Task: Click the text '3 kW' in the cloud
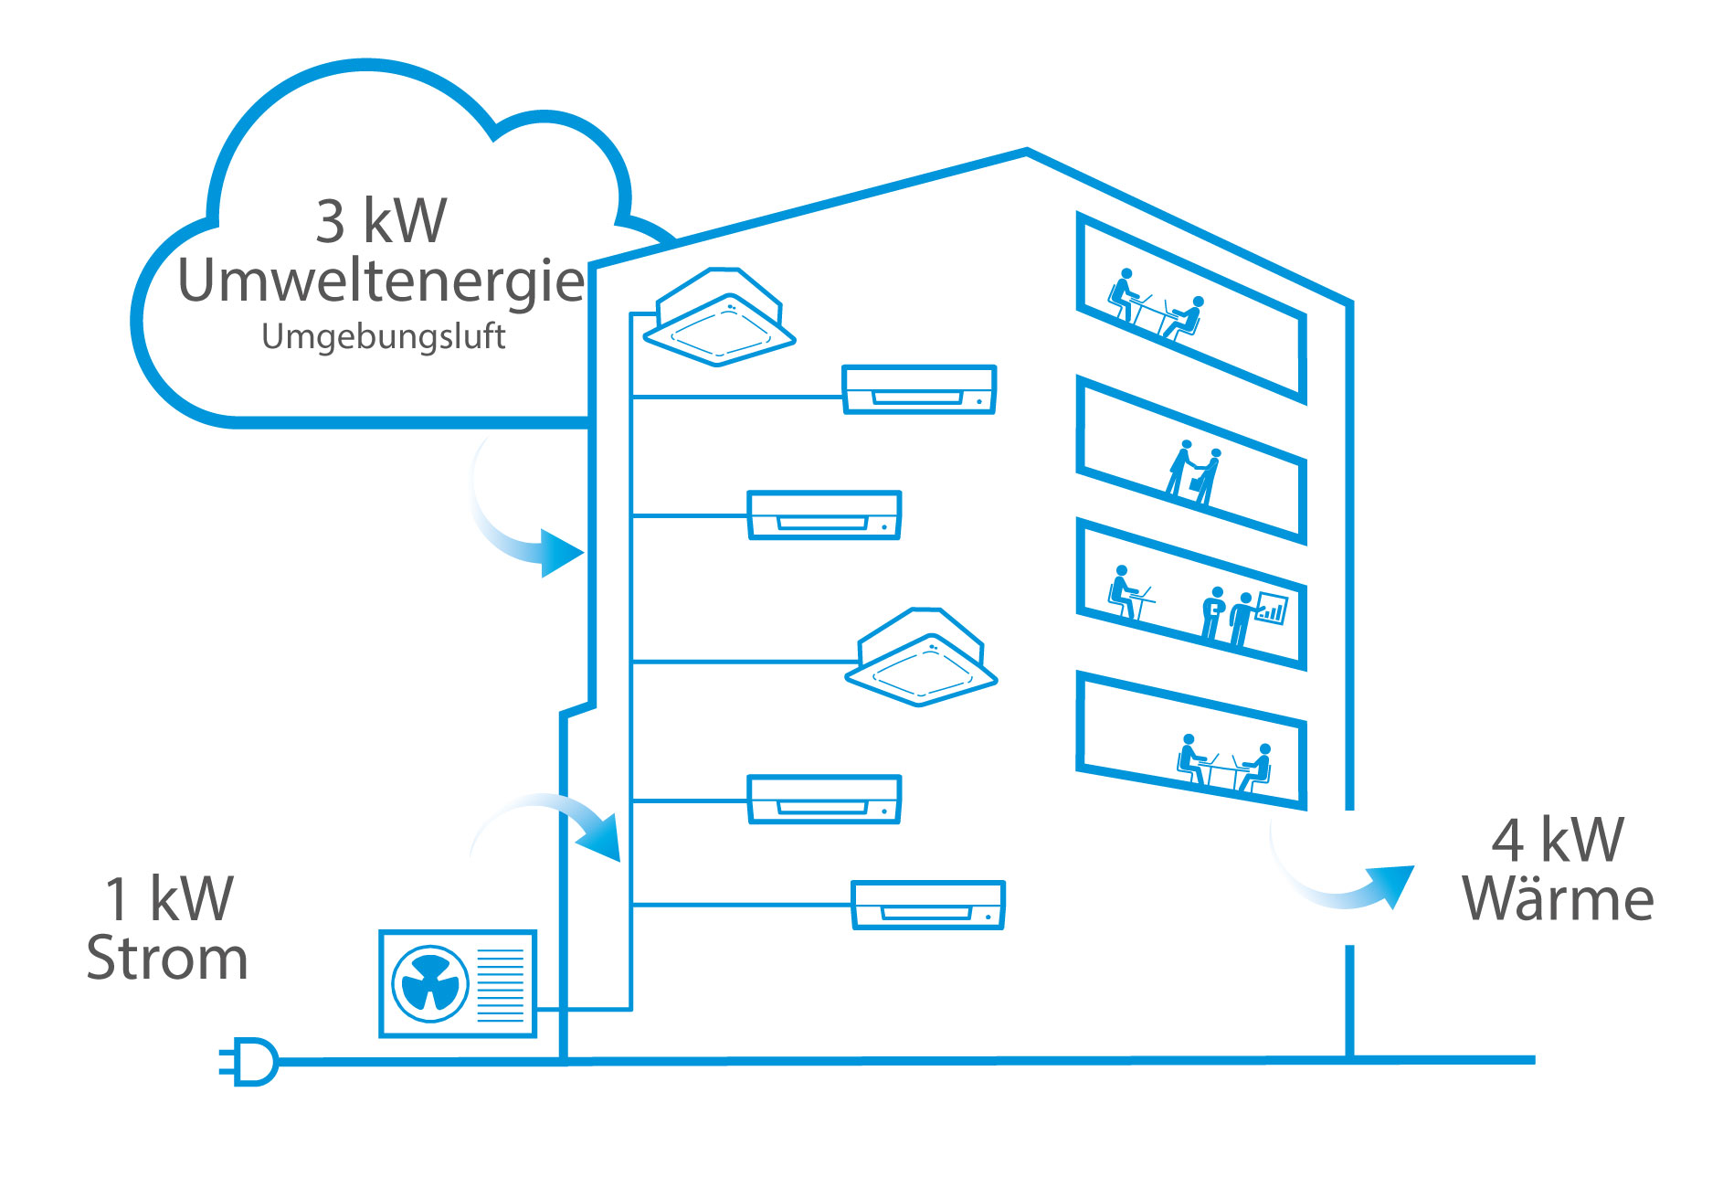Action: coord(381,220)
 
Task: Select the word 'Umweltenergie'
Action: coord(381,281)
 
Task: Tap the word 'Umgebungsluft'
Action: coord(383,337)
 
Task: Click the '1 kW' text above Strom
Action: coord(169,898)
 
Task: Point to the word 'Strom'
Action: coord(167,959)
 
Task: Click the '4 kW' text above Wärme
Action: coord(1558,840)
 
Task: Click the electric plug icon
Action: coord(249,1061)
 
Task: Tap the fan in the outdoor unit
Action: coord(430,984)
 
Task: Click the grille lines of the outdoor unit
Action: coord(501,984)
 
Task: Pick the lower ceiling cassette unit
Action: coord(921,657)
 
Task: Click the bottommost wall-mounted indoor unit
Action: coord(927,905)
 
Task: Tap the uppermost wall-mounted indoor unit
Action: coord(918,389)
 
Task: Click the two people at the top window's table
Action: coord(1157,305)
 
